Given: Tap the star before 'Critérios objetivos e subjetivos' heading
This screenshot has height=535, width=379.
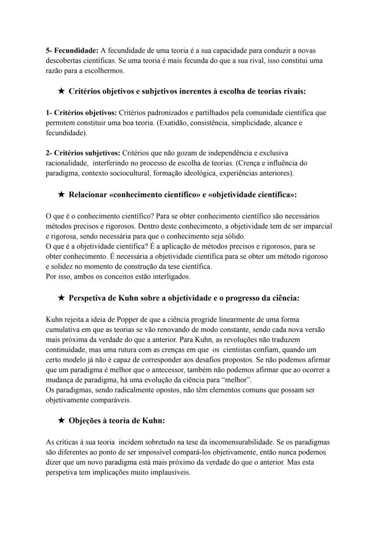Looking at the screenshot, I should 61,92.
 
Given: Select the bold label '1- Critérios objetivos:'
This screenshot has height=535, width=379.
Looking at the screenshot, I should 81,113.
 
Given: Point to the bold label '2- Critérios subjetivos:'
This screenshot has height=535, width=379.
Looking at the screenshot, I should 83,152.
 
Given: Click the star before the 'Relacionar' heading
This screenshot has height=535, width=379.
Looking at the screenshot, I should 61,195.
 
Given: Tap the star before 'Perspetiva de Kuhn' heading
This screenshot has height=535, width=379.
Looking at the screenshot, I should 61,298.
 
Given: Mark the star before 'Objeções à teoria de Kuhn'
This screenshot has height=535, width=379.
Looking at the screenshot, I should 61,421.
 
